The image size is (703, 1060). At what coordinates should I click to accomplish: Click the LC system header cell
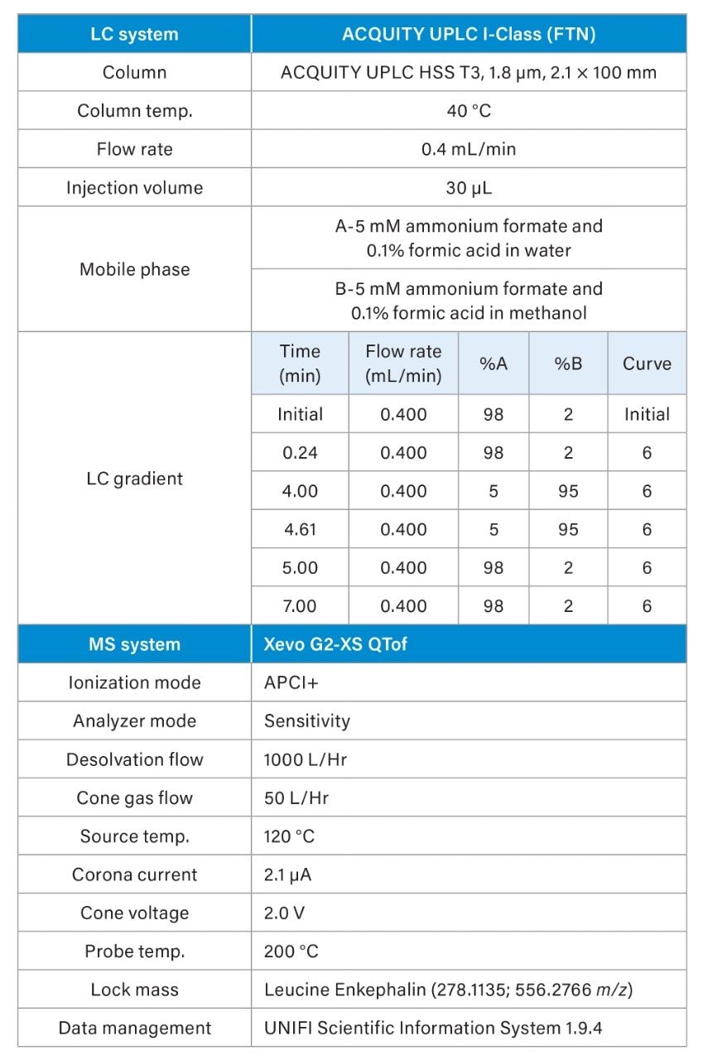click(x=134, y=34)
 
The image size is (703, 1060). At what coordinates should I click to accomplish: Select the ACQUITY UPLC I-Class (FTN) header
click(x=469, y=34)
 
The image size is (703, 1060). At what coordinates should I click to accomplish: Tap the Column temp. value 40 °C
click(x=469, y=110)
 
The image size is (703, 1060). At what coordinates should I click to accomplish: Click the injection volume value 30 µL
click(x=469, y=187)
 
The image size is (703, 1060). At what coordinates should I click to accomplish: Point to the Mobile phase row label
click(x=134, y=269)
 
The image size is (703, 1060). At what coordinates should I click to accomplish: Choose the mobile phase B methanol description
click(x=469, y=301)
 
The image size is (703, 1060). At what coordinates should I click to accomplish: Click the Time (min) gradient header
click(x=300, y=363)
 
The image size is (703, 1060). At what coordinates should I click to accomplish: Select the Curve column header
click(x=647, y=363)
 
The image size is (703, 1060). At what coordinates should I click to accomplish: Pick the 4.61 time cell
click(x=300, y=529)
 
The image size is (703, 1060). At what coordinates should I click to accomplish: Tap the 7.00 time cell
click(x=300, y=606)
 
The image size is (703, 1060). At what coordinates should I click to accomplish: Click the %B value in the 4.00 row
click(x=568, y=491)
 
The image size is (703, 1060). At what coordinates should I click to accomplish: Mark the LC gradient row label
click(x=134, y=479)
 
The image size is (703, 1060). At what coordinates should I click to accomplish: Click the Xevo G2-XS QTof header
click(x=335, y=644)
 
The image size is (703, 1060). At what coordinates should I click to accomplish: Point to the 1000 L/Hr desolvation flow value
click(x=305, y=759)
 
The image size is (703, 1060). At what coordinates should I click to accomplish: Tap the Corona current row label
click(x=134, y=874)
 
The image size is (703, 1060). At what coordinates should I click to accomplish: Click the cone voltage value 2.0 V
click(x=284, y=913)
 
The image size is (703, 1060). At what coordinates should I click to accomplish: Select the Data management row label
click(x=134, y=1028)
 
